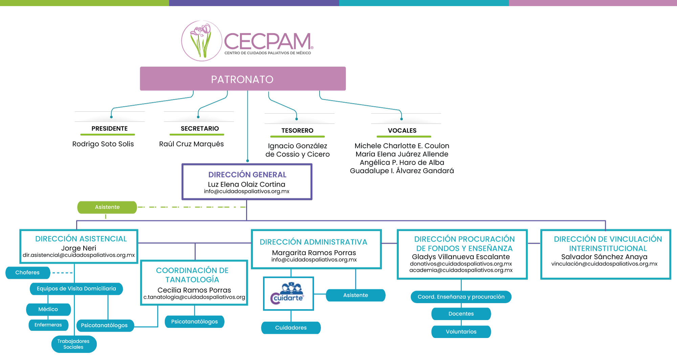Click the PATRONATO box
pyautogui.click(x=243, y=79)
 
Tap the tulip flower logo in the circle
pyautogui.click(x=201, y=41)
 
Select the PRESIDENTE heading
pyautogui.click(x=109, y=129)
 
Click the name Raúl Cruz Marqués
pyautogui.click(x=191, y=144)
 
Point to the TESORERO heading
pyautogui.click(x=297, y=131)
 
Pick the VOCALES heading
pyautogui.click(x=402, y=131)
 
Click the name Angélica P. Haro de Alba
pyautogui.click(x=402, y=162)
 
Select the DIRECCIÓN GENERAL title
pyautogui.click(x=247, y=175)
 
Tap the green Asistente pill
pyautogui.click(x=107, y=207)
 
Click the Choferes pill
pyautogui.click(x=27, y=273)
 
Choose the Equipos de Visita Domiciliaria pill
pyautogui.click(x=76, y=289)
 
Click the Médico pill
pyautogui.click(x=48, y=309)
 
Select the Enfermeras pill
pyautogui.click(x=48, y=325)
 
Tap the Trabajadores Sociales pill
pyautogui.click(x=73, y=344)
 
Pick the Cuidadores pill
pyautogui.click(x=291, y=328)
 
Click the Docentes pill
pyautogui.click(x=461, y=314)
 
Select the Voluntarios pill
pyautogui.click(x=461, y=332)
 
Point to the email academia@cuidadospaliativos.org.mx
pyautogui.click(x=461, y=270)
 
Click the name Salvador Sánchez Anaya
pyautogui.click(x=604, y=257)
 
